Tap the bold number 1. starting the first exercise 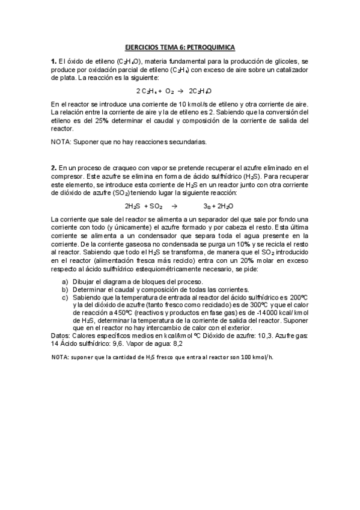point(53,62)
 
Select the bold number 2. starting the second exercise point(53,167)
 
